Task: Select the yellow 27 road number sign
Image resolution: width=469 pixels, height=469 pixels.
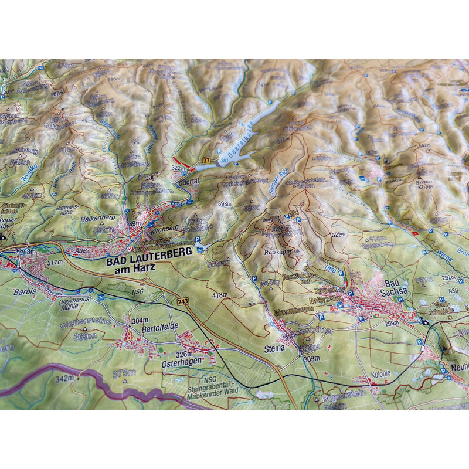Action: pyautogui.click(x=206, y=160)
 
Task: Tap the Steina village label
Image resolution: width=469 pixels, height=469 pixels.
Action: pyautogui.click(x=274, y=348)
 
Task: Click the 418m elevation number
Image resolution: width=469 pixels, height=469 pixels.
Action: pyautogui.click(x=219, y=295)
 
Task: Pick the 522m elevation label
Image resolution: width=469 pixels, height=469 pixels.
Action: pyautogui.click(x=339, y=235)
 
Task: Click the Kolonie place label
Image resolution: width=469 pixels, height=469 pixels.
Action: pyautogui.click(x=380, y=373)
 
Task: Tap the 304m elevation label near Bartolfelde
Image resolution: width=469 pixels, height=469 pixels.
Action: pyautogui.click(x=140, y=321)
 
